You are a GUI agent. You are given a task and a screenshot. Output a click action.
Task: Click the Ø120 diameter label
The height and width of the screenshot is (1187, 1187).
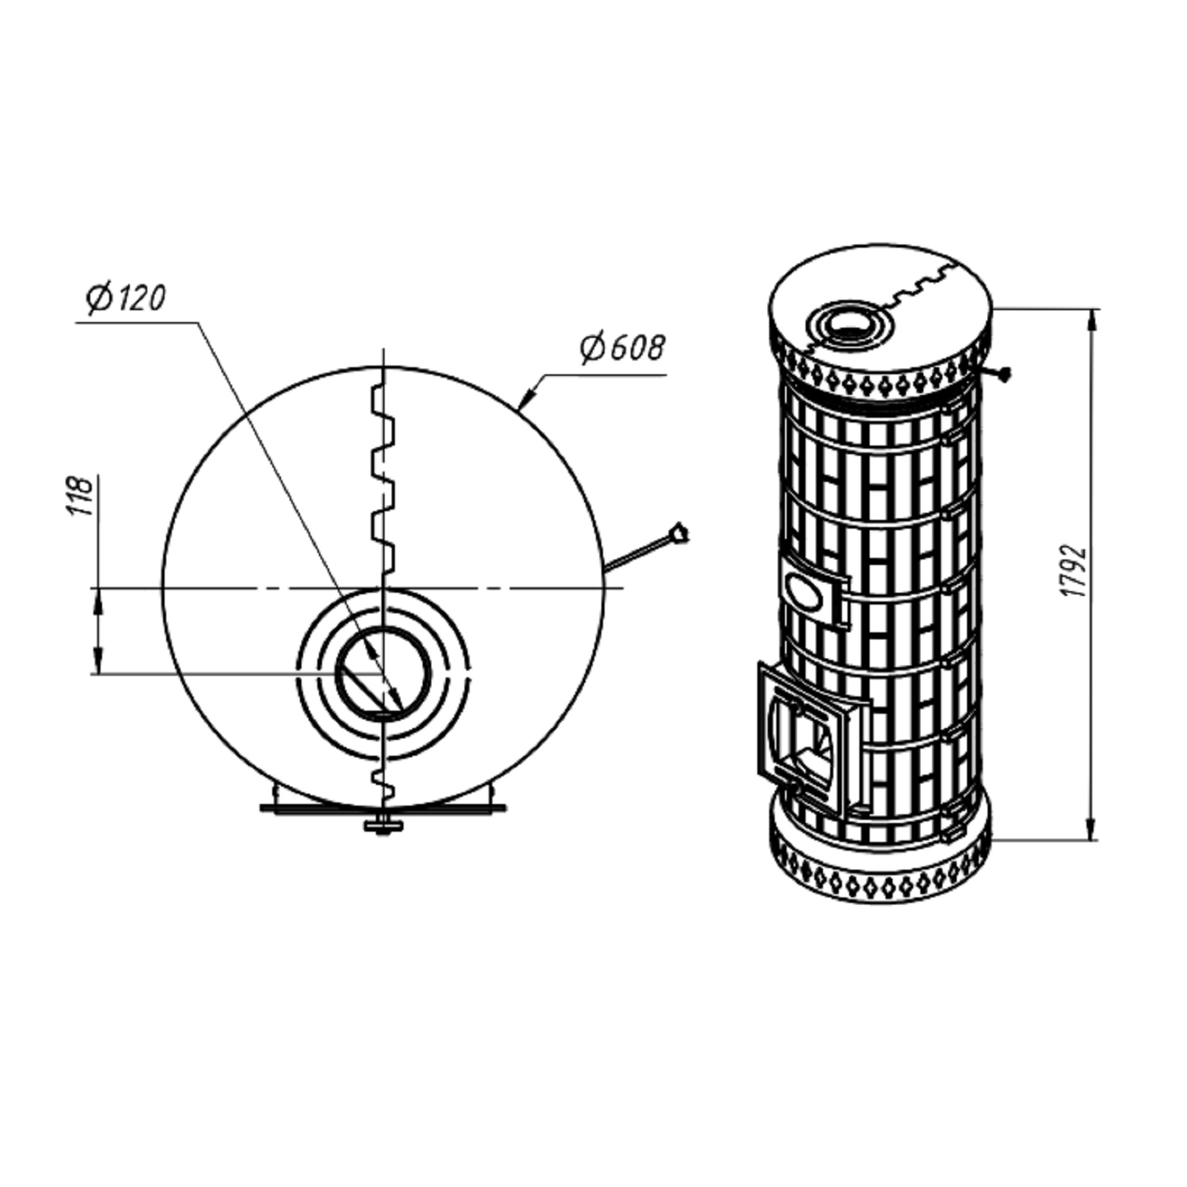(x=126, y=298)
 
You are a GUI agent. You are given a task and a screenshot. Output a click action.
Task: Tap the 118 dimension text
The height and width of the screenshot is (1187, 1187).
(x=80, y=496)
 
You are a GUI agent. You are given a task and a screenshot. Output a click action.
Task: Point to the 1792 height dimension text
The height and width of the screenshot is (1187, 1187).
(x=1073, y=570)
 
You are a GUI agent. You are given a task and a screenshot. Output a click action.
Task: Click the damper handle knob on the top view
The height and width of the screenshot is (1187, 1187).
(x=678, y=533)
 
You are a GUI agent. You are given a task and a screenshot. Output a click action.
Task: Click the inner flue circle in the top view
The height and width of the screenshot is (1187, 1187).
(x=383, y=673)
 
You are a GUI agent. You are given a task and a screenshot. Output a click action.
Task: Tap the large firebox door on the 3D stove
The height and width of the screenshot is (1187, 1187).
(x=813, y=740)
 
